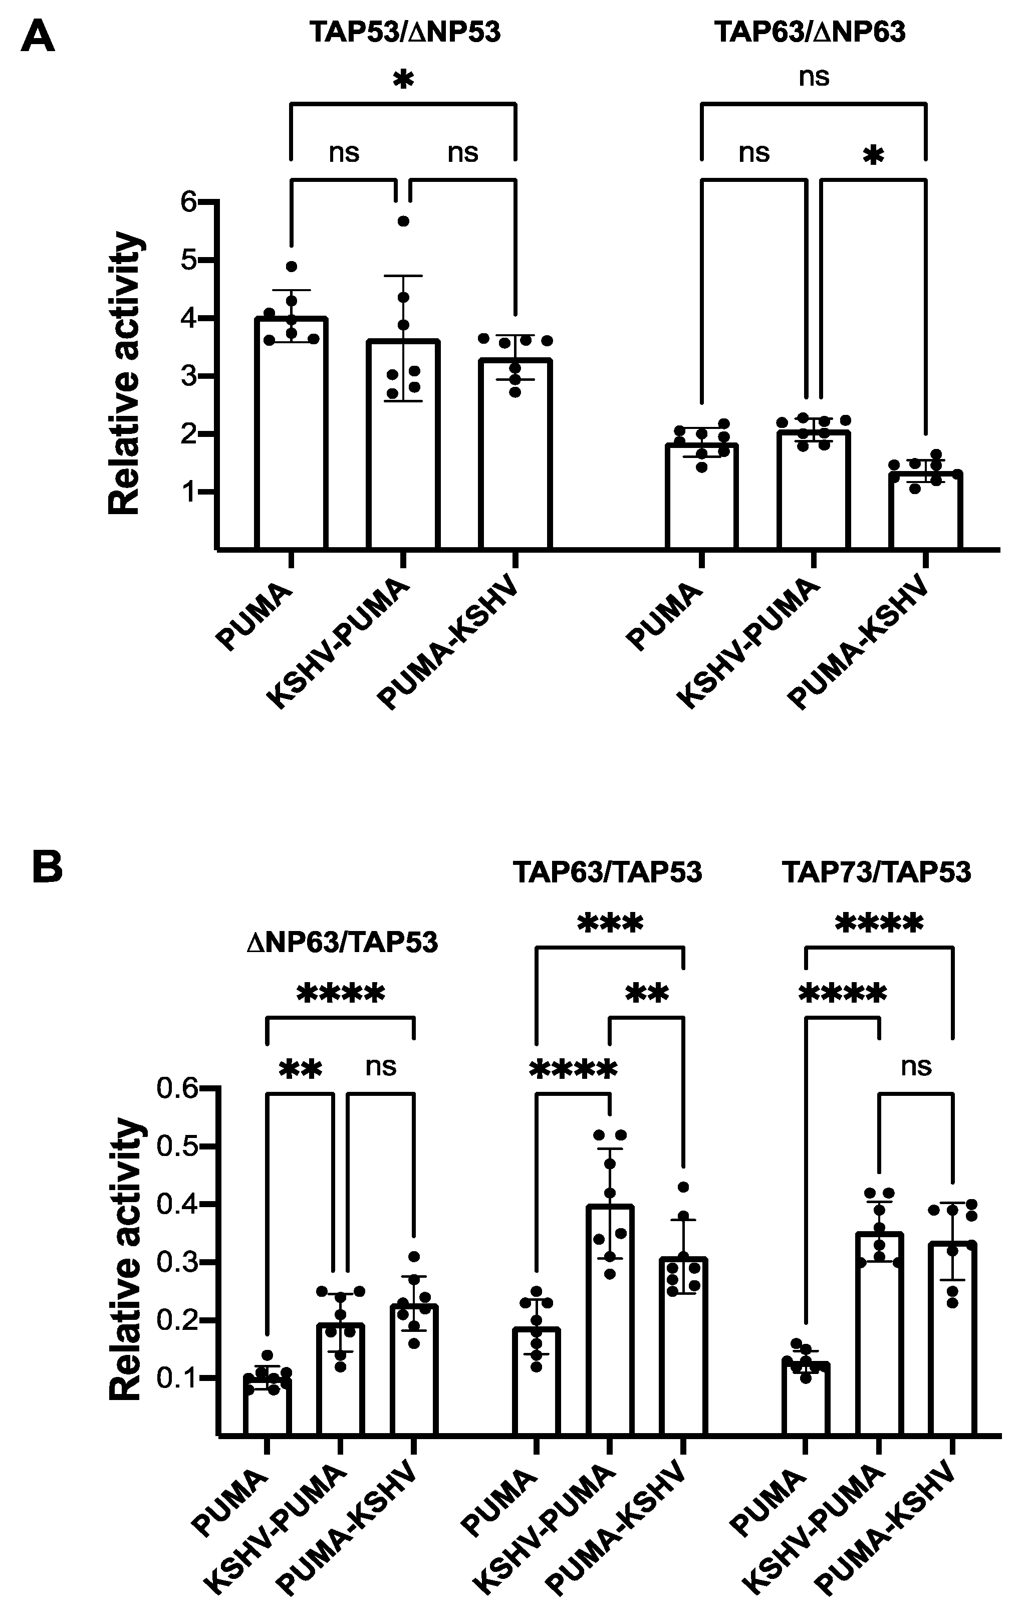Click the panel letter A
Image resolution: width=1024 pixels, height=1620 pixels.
coord(37,37)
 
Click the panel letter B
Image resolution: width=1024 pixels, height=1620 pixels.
coord(47,867)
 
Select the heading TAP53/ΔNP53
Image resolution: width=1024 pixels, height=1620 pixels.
coord(405,32)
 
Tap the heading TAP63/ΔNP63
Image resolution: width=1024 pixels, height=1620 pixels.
coord(810,32)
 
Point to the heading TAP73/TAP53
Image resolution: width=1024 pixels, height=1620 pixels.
coord(876,872)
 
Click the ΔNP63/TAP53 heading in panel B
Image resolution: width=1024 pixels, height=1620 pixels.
coord(342,942)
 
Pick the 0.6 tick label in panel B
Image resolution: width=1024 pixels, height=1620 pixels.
coord(178,1087)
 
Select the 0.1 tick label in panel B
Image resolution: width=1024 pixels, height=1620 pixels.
coord(178,1378)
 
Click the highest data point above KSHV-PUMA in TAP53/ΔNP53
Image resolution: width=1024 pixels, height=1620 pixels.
coord(403,220)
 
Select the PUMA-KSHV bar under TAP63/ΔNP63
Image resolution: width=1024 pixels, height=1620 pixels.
coord(925,511)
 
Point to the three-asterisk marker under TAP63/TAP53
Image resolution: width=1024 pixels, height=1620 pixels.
coord(610,923)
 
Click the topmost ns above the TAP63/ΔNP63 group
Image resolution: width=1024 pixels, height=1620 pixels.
coord(814,77)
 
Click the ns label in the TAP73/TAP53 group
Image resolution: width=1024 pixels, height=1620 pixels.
coord(916,1066)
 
